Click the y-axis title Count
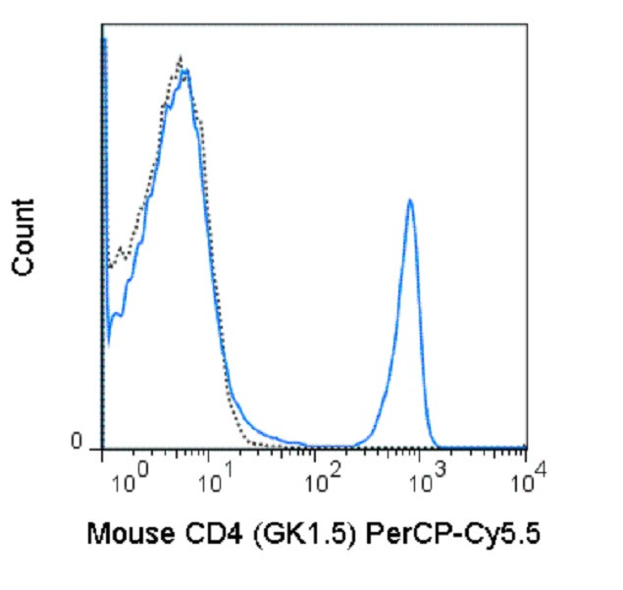(23, 237)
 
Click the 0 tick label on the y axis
(89, 446)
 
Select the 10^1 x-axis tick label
(215, 482)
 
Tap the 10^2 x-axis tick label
(321, 482)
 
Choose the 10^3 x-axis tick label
(424, 482)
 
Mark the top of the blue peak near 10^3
(410, 200)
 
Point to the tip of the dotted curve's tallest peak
(180, 58)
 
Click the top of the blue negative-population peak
(184, 71)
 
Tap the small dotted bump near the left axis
(119, 249)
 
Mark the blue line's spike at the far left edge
(104, 39)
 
